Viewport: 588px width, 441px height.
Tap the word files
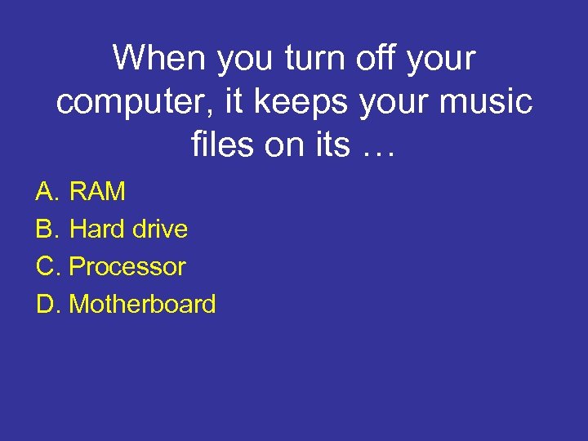(x=218, y=146)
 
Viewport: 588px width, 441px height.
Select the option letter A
(x=45, y=192)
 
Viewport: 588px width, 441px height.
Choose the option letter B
(x=45, y=229)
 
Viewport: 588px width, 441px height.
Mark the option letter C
(x=45, y=267)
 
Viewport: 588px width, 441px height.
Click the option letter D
(x=45, y=305)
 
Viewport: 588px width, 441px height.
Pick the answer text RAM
(x=98, y=192)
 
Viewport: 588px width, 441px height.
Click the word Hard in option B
(x=97, y=229)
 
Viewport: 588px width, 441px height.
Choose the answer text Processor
(x=127, y=267)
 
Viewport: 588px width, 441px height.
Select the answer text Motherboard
(x=143, y=305)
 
